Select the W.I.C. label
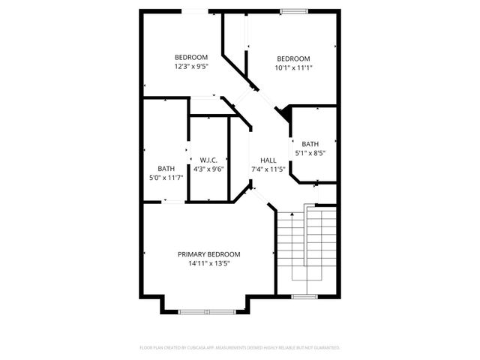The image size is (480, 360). coord(208,160)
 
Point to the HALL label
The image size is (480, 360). coord(268,160)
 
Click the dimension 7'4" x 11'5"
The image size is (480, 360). coord(268,169)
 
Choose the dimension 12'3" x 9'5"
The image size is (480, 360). coord(191,67)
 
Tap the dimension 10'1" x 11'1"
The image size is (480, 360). coord(293,67)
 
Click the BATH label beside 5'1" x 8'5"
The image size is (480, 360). coord(310,144)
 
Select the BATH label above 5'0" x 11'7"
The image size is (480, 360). coord(166,168)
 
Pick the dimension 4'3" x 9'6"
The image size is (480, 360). coord(208,169)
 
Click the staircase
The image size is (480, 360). coord(307,244)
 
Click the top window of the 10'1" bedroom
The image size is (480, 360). coord(293,10)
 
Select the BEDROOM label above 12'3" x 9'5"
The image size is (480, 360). coord(191,58)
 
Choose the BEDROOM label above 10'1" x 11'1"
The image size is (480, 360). coord(293,58)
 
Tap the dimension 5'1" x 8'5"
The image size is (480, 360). coord(310,153)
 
